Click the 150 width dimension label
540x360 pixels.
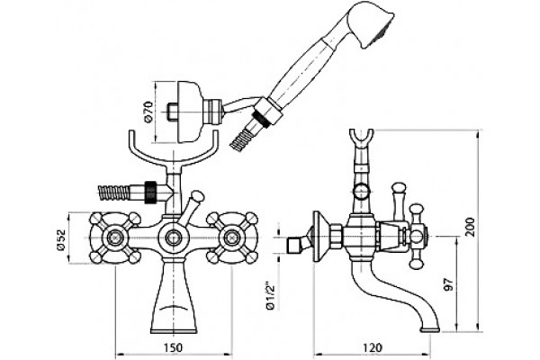point(173,348)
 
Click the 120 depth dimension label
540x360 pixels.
point(373,348)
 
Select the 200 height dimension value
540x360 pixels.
point(469,227)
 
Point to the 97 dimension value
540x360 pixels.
point(448,283)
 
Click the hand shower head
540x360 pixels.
point(370,28)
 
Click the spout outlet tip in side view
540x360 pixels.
point(430,329)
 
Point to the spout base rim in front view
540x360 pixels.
point(173,331)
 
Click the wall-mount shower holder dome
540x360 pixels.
point(189,112)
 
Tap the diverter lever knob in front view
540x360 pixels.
point(197,197)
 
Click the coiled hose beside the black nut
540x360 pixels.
point(113,193)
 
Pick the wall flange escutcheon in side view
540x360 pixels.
point(319,237)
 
